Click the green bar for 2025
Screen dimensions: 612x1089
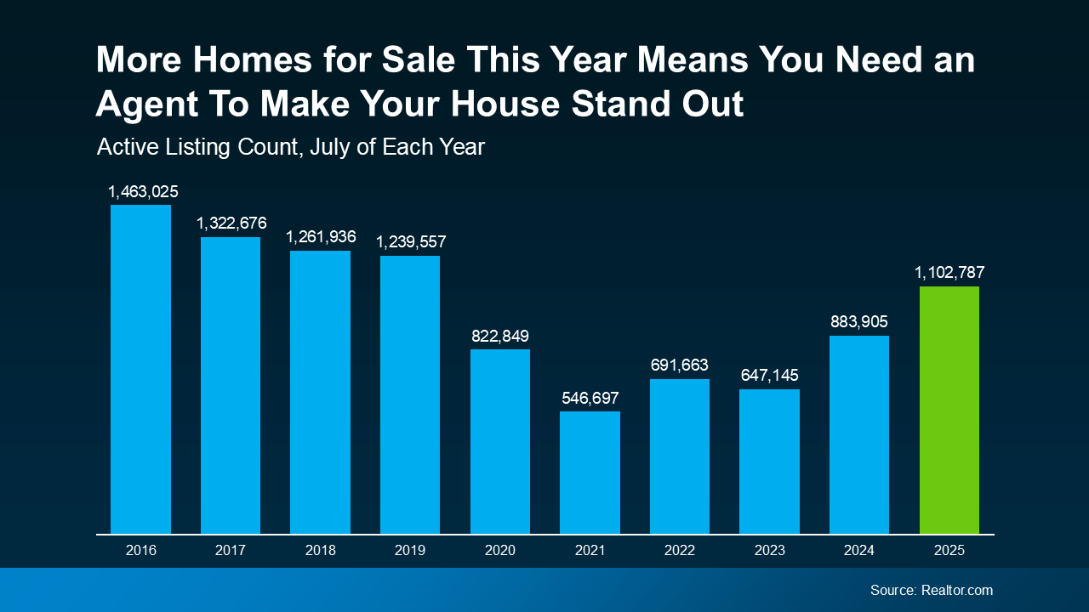(949, 410)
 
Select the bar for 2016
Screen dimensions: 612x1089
(140, 369)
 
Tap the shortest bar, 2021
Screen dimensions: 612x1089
(590, 473)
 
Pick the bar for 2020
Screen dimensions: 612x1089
(500, 441)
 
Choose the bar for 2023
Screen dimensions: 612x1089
(769, 462)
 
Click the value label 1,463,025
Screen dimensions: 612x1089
(143, 191)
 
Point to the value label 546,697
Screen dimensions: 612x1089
(590, 398)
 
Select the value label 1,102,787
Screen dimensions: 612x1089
(949, 273)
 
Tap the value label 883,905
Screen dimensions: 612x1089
(859, 322)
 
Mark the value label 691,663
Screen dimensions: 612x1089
(679, 365)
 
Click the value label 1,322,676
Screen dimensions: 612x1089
(231, 224)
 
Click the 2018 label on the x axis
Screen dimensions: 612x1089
(321, 550)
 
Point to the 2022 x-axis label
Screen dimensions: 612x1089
(680, 550)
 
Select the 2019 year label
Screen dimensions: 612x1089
(410, 550)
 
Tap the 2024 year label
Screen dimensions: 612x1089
(859, 550)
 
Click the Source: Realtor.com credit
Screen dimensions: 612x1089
(931, 590)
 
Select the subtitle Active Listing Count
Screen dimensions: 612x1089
(291, 147)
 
